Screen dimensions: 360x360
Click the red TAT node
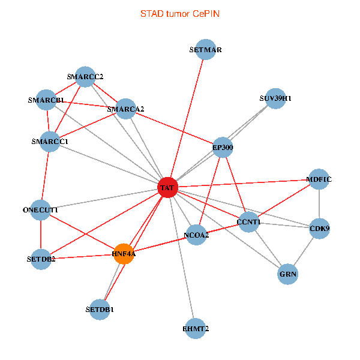pyautogui.click(x=167, y=188)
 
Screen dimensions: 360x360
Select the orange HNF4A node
pyautogui.click(x=124, y=253)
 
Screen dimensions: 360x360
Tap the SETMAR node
pyautogui.click(x=205, y=50)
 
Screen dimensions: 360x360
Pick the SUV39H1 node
pyautogui.click(x=275, y=98)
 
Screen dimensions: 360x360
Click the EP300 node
pyautogui.click(x=223, y=147)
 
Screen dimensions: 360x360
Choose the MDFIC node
pyautogui.click(x=319, y=179)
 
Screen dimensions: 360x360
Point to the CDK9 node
pyautogui.click(x=319, y=229)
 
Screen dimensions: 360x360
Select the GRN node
pyautogui.click(x=288, y=274)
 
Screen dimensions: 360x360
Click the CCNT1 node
pyautogui.click(x=248, y=222)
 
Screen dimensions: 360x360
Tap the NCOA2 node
pyautogui.click(x=197, y=235)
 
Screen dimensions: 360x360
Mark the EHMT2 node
pyautogui.click(x=196, y=328)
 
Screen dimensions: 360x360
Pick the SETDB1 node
pyautogui.click(x=100, y=310)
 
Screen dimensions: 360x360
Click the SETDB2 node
pyautogui.click(x=41, y=259)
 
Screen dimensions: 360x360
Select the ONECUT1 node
pyautogui.click(x=40, y=210)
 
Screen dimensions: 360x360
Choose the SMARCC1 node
pyautogui.click(x=50, y=142)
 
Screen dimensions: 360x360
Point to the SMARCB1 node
pyautogui.click(x=46, y=100)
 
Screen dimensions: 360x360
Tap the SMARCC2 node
pyautogui.click(x=85, y=77)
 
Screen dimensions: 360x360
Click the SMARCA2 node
pyautogui.click(x=125, y=109)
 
